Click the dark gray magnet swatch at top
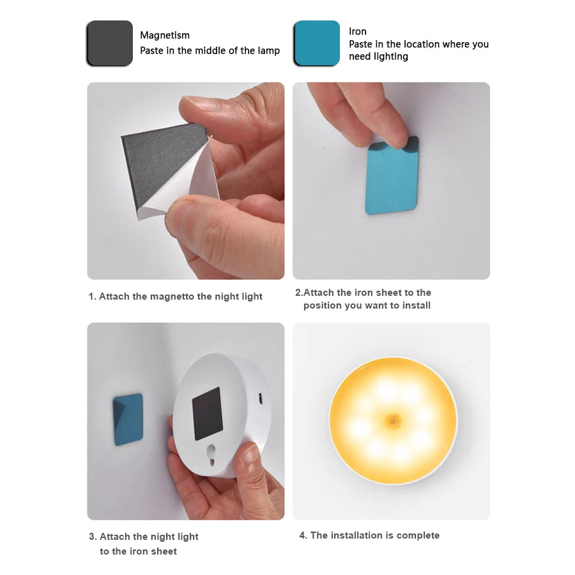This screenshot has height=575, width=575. (110, 43)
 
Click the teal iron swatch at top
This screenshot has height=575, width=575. (317, 43)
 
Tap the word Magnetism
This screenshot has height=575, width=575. (165, 35)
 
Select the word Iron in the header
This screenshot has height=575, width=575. (358, 31)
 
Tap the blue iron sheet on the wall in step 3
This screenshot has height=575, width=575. (128, 419)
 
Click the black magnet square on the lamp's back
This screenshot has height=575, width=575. (207, 413)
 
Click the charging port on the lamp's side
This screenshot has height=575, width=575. (261, 397)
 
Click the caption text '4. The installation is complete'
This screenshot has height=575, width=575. (369, 535)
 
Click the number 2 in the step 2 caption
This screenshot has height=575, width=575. (298, 293)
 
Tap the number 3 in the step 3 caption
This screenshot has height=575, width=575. (92, 537)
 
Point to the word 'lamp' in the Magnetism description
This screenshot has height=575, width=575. (268, 50)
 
